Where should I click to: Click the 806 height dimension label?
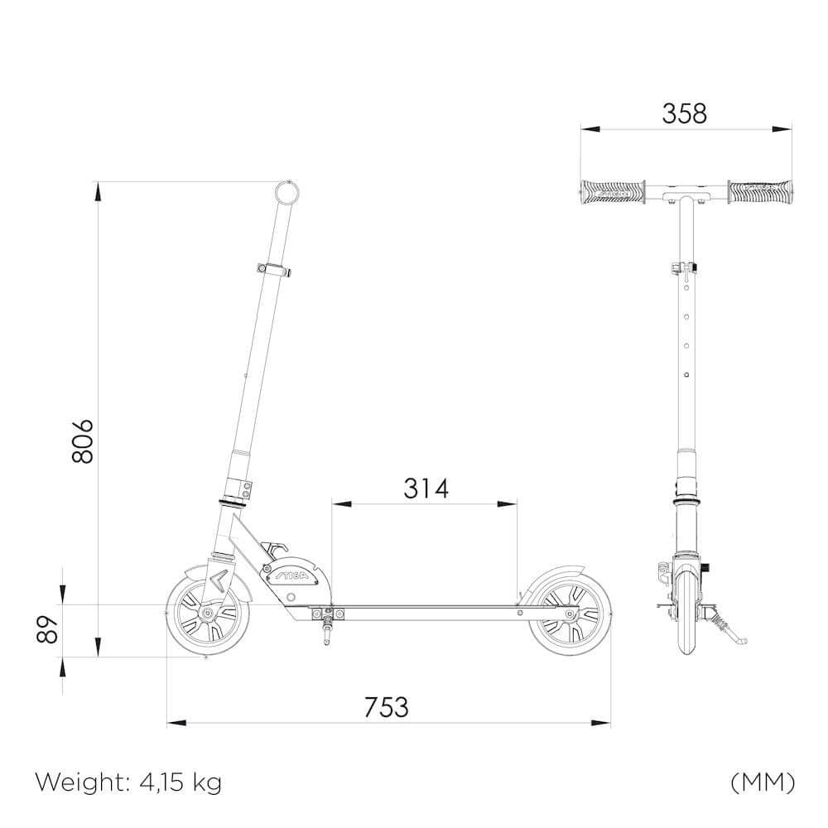click(83, 440)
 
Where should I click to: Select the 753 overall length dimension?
click(387, 707)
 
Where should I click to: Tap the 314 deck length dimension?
click(426, 489)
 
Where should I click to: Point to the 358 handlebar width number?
click(685, 113)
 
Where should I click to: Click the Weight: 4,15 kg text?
click(128, 782)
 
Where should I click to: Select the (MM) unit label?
click(763, 782)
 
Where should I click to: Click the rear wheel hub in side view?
click(570, 614)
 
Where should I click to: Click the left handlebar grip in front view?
click(612, 192)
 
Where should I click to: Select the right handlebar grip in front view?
click(760, 192)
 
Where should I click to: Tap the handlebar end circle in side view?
click(287, 191)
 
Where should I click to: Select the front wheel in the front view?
click(686, 613)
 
